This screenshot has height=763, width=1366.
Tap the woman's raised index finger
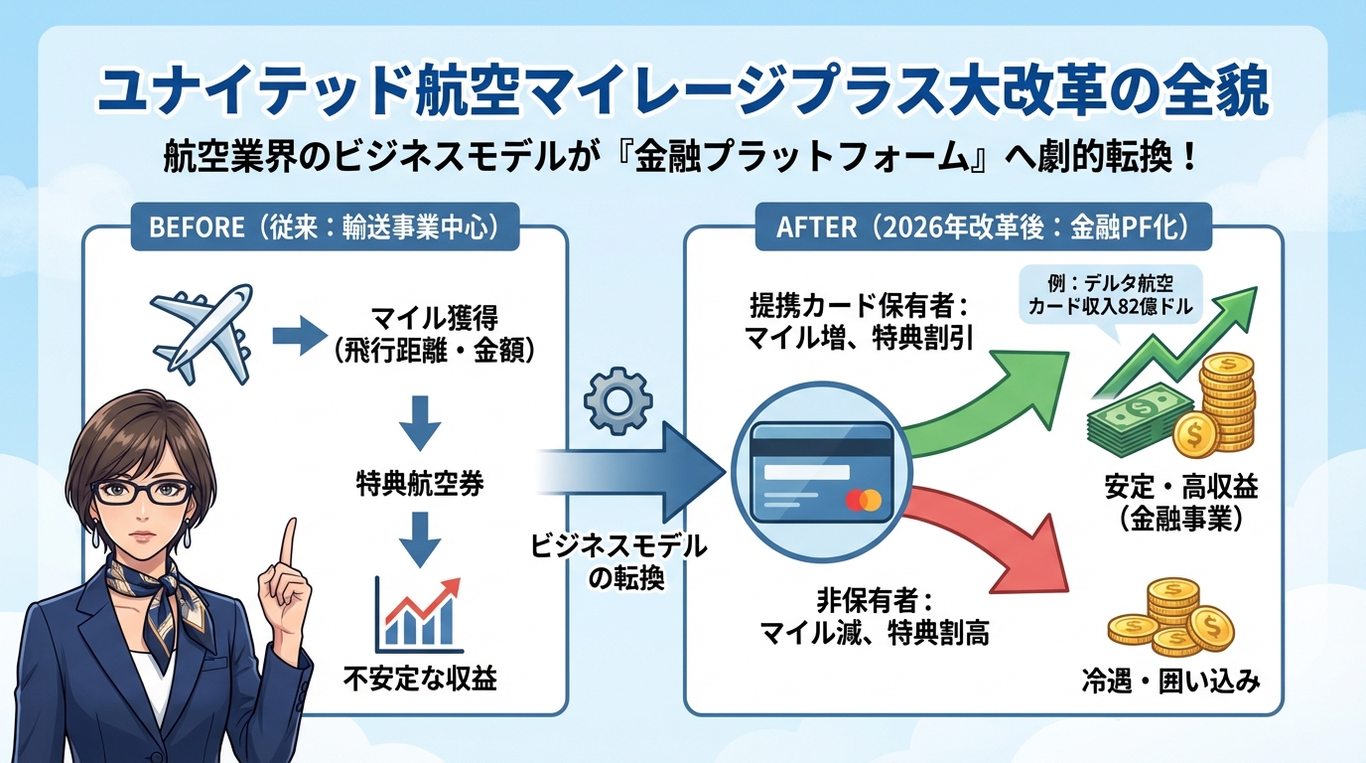click(x=288, y=542)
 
